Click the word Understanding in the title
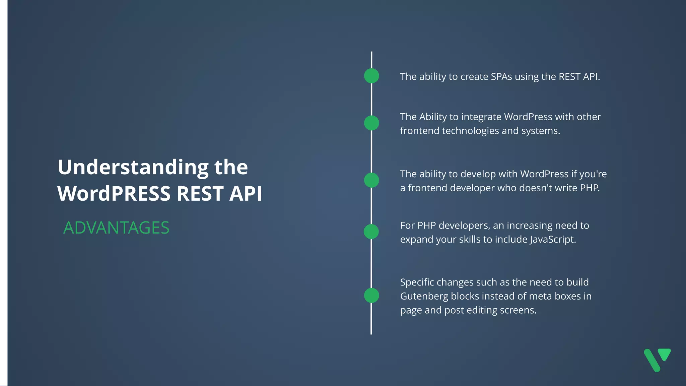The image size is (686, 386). (133, 167)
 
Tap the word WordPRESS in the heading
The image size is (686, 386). (114, 194)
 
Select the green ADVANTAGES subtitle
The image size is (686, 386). (116, 228)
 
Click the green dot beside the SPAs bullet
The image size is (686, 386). (371, 76)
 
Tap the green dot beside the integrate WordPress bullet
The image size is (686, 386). (371, 123)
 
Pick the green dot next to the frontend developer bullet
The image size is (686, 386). (371, 180)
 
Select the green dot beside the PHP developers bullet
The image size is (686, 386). (371, 232)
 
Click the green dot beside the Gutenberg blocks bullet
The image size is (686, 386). (371, 296)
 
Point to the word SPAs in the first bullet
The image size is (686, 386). (501, 77)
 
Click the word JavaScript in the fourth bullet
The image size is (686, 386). (552, 240)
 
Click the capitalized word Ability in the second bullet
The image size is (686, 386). (433, 117)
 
